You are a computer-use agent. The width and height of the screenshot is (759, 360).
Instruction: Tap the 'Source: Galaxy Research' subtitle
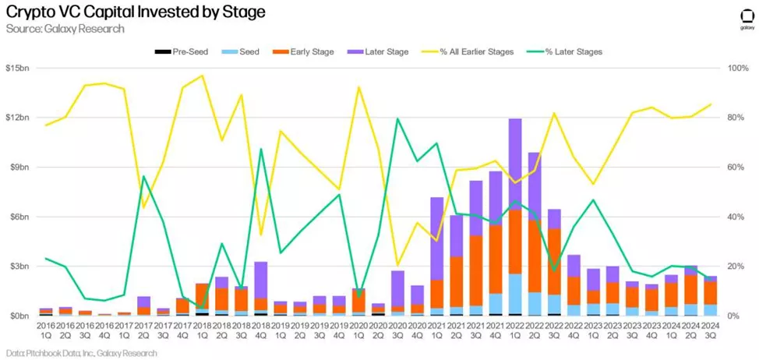[x=65, y=29]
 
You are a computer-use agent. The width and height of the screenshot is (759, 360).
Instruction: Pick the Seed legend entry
[x=243, y=52]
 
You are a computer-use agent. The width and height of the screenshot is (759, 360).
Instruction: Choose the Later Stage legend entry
[x=381, y=52]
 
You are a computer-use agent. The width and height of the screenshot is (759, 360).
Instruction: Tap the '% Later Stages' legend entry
[x=567, y=52]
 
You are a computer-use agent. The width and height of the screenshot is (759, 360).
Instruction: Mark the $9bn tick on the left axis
[x=17, y=167]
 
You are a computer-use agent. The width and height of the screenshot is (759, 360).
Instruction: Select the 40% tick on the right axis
[x=735, y=217]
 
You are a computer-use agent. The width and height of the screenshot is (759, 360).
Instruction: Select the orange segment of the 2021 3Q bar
[x=475, y=269]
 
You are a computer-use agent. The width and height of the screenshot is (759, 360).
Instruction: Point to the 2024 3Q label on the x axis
[x=709, y=330]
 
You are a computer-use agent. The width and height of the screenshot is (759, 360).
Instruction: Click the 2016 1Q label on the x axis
[x=46, y=330]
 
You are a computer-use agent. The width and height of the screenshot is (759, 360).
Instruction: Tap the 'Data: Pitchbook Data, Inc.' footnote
[x=79, y=353]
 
